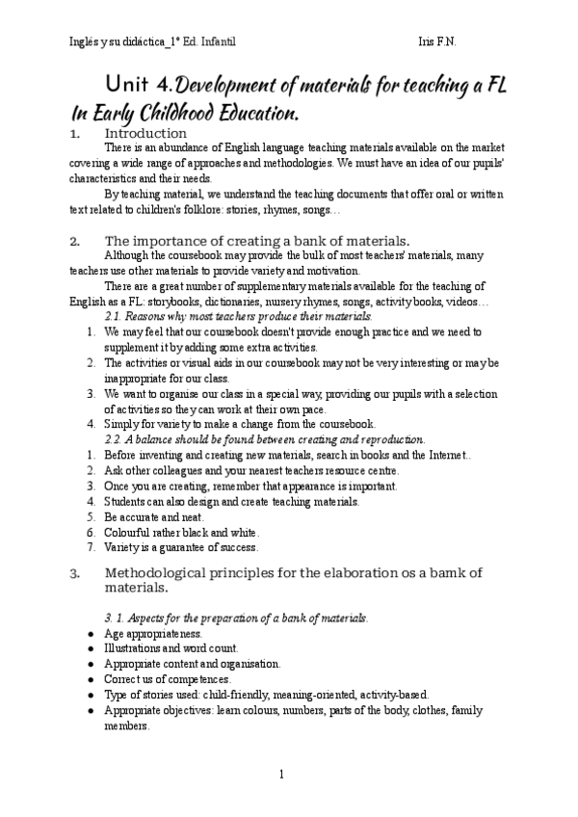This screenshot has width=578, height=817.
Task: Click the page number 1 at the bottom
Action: click(280, 774)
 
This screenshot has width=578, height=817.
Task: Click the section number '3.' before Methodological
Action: click(74, 573)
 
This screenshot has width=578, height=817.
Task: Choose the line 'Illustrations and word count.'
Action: click(171, 649)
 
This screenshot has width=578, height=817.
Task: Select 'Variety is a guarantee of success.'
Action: click(180, 547)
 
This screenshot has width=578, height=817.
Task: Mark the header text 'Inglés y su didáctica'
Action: click(117, 41)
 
